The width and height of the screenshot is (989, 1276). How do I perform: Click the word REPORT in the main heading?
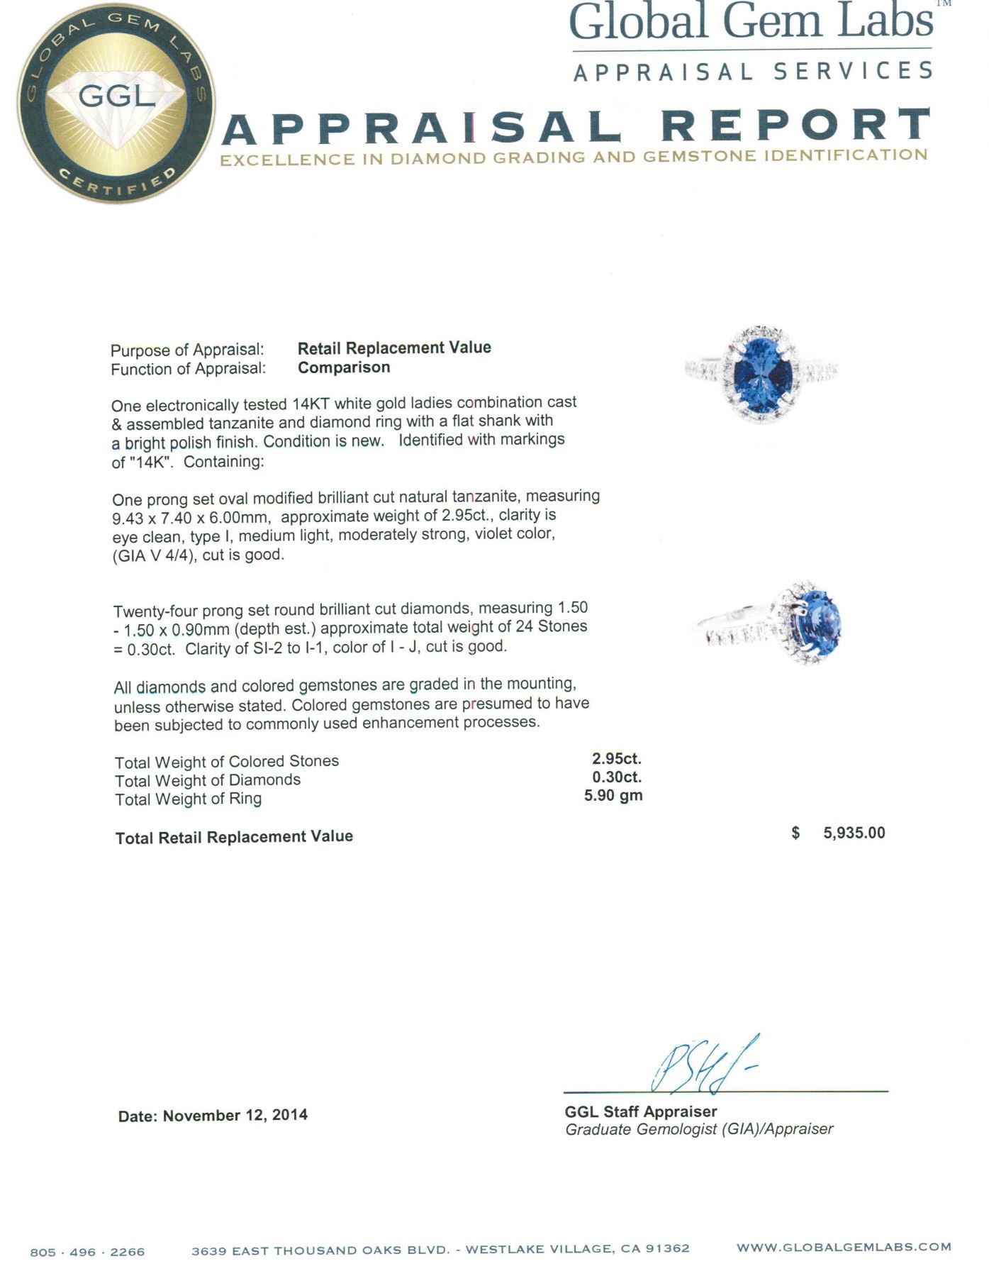coord(795,126)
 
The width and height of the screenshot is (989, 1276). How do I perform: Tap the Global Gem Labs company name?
coord(751,22)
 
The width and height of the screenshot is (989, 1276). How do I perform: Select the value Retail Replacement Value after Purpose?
coord(394,348)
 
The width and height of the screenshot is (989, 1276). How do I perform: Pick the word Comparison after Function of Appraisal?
coord(344,367)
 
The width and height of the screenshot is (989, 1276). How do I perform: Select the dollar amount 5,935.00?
coord(854,833)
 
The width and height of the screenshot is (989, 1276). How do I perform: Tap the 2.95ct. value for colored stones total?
coord(617,758)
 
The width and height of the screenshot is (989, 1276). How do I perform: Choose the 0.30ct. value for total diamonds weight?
coord(617,777)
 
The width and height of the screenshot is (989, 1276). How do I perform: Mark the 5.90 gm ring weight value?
coord(613,795)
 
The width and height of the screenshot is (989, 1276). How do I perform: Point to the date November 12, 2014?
coord(235,1115)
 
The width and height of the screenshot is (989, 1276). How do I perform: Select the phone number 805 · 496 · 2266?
coord(87,1253)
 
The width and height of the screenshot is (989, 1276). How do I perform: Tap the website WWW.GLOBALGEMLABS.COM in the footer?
coord(844,1247)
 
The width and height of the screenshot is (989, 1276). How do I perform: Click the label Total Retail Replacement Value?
coord(234,837)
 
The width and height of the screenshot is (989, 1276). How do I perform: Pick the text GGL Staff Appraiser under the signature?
coord(641,1111)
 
